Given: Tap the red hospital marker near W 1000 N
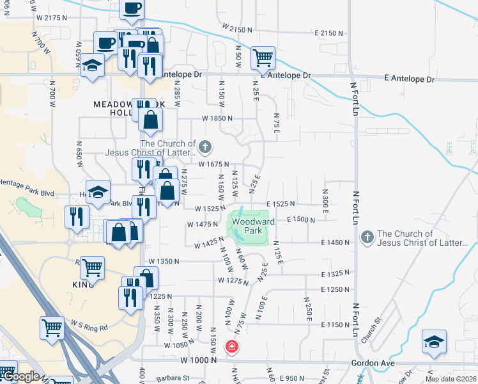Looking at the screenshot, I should pos(231,347).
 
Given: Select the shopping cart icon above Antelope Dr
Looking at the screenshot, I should pos(263,58).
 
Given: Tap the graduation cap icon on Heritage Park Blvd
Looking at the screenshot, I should pos(98,192).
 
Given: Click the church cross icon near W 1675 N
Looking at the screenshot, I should pos(204,148).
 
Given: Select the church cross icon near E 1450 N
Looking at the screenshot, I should pos(367,238).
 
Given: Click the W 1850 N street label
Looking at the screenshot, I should pos(217,118).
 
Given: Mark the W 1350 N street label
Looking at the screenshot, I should pos(164,262).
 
